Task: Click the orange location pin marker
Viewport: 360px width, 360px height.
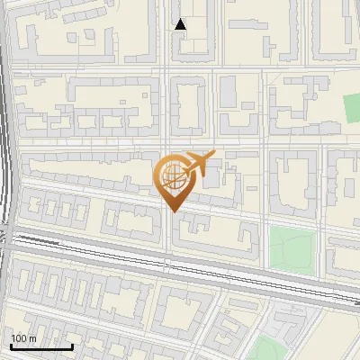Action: [175, 180]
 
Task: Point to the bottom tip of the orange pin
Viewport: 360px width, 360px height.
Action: [175, 211]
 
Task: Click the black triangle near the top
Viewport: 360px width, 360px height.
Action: [181, 24]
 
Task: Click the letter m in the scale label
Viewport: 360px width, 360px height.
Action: [32, 338]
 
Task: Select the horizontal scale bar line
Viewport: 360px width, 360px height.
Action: [41, 347]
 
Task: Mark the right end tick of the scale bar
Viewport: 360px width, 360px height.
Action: [72, 346]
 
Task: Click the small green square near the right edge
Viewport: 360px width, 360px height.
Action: [352, 108]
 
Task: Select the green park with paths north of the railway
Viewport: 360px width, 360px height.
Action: [295, 247]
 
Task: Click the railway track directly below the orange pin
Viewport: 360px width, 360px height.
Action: [175, 263]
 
